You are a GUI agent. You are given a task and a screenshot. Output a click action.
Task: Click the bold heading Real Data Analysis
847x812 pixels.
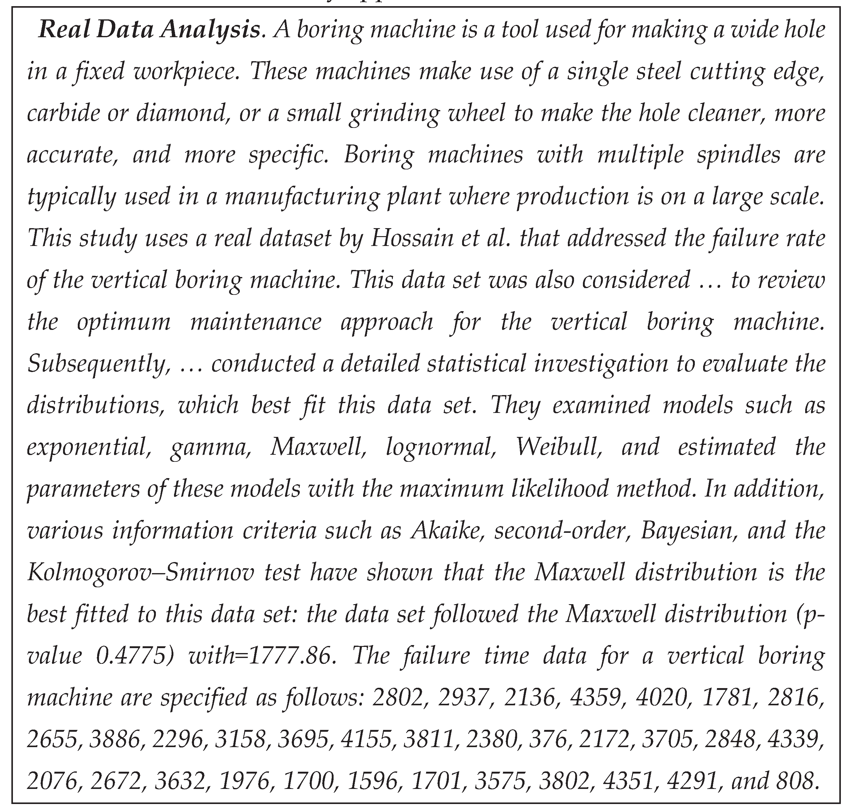pyautogui.click(x=149, y=30)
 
